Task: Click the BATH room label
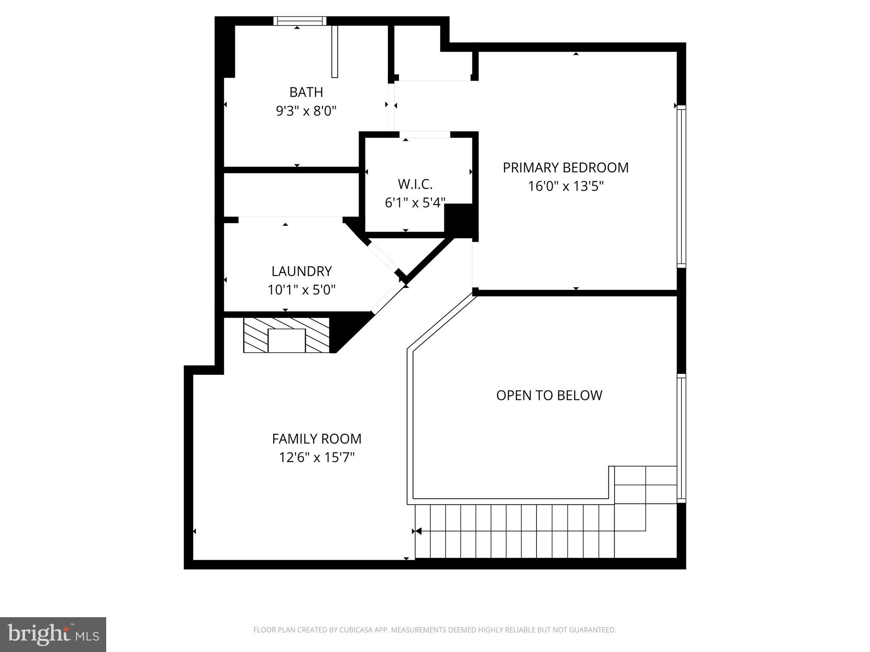pyautogui.click(x=306, y=92)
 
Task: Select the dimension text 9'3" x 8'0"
pyautogui.click(x=306, y=111)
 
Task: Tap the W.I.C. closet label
pyautogui.click(x=415, y=184)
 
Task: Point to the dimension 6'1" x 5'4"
pyautogui.click(x=415, y=203)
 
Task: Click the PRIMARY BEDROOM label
pyautogui.click(x=565, y=168)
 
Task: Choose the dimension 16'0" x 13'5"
pyautogui.click(x=565, y=186)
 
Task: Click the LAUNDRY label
pyautogui.click(x=301, y=271)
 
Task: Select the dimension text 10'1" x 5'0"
pyautogui.click(x=301, y=290)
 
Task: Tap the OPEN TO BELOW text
pyautogui.click(x=549, y=395)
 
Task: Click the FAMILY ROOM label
pyautogui.click(x=316, y=438)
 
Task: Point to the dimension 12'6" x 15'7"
pyautogui.click(x=316, y=458)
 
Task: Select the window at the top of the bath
pyautogui.click(x=300, y=21)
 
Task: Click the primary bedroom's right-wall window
pyautogui.click(x=681, y=187)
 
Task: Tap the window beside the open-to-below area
pyautogui.click(x=681, y=438)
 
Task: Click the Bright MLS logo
pyautogui.click(x=53, y=634)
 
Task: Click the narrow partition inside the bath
pyautogui.click(x=334, y=52)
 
